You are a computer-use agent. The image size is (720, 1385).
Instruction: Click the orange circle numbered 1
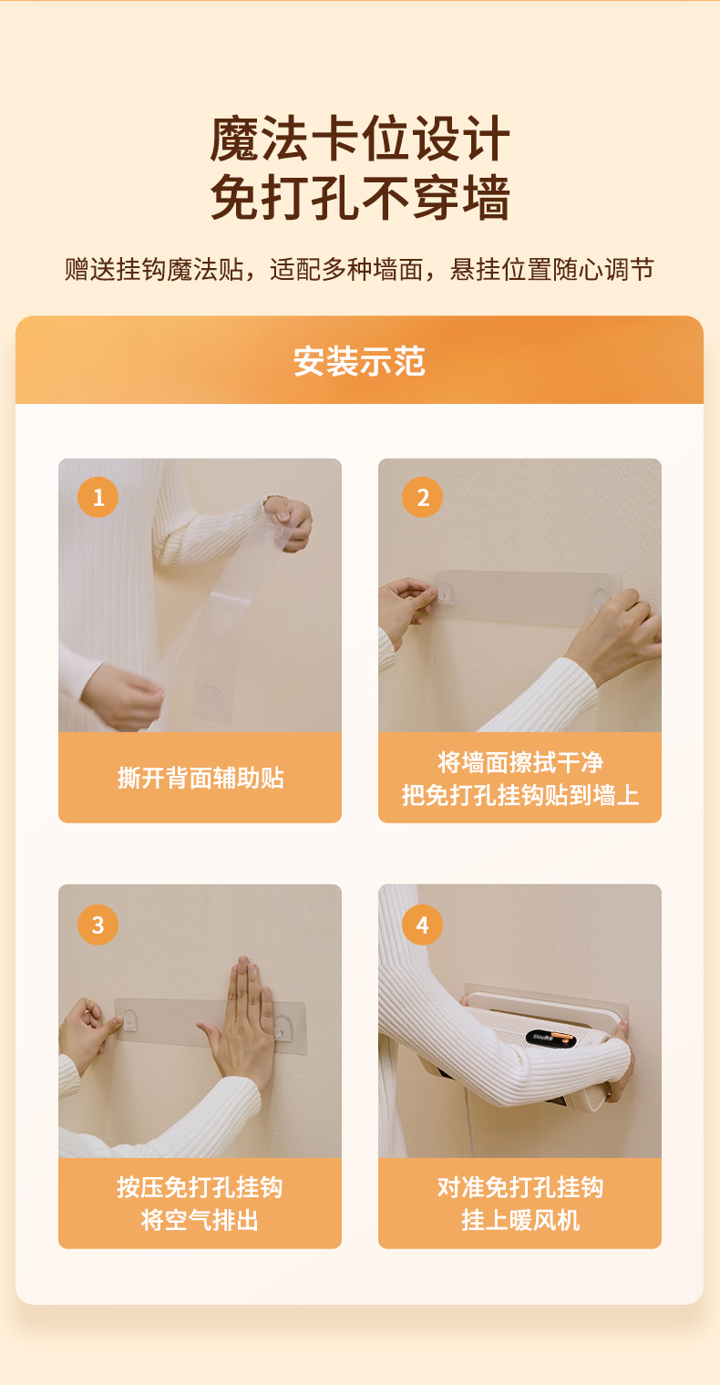[x=98, y=497]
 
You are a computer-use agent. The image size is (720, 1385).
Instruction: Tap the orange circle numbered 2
[x=422, y=497]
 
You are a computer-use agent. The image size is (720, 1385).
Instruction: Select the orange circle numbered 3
[x=98, y=925]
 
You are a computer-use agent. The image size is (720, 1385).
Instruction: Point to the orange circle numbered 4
[x=422, y=925]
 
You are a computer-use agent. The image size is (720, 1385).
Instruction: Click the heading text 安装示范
[x=359, y=361]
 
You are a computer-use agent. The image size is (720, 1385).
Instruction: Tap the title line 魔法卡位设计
[x=360, y=139]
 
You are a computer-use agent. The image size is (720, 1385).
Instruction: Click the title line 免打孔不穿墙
[x=360, y=197]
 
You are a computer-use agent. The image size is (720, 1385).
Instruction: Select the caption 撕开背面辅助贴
[x=201, y=777]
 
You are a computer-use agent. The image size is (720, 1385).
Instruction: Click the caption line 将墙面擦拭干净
[x=519, y=761]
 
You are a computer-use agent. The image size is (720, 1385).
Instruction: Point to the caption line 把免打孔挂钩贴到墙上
[x=519, y=794]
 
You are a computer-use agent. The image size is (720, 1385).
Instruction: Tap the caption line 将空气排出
[x=200, y=1220]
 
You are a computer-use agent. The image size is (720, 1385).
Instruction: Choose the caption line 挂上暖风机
[x=520, y=1220]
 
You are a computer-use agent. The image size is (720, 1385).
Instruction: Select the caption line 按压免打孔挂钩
[x=200, y=1187]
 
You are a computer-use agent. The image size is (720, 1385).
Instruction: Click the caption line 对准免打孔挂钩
[x=519, y=1187]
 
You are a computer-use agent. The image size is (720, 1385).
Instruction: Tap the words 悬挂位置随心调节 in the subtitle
[x=552, y=270]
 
